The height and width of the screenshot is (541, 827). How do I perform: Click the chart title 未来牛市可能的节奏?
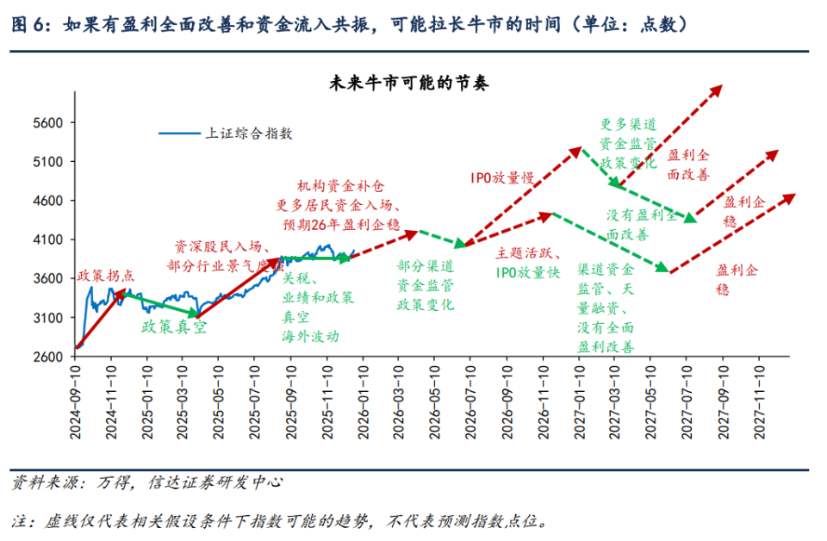coord(409,84)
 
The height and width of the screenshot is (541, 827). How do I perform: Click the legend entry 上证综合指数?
coord(248,133)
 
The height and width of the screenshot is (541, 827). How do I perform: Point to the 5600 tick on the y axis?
coord(47,123)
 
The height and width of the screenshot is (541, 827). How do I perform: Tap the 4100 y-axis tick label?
coord(47,240)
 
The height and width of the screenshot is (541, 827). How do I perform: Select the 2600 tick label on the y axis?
coord(47,357)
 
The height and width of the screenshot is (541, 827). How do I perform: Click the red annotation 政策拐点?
coord(106,276)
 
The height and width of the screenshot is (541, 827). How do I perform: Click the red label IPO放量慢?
coord(501,177)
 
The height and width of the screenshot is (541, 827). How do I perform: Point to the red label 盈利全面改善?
coord(688,165)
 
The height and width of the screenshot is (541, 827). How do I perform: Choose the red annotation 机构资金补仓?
coord(340,185)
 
